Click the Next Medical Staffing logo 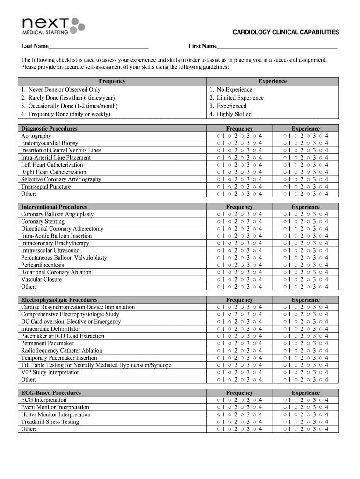53,25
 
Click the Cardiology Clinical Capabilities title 286,32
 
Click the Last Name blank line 98,47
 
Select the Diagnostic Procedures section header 49,129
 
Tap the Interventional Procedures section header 54,207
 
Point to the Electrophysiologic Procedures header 59,300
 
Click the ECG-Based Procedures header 50,393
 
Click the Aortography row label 36,136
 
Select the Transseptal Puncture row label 46,187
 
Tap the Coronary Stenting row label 43,221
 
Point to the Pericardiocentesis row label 43,265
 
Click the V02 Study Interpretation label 50,372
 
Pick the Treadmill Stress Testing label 50,422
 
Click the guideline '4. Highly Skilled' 230,114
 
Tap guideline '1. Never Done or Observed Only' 61,90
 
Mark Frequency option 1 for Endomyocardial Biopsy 218,143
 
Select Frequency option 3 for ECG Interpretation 243,400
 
